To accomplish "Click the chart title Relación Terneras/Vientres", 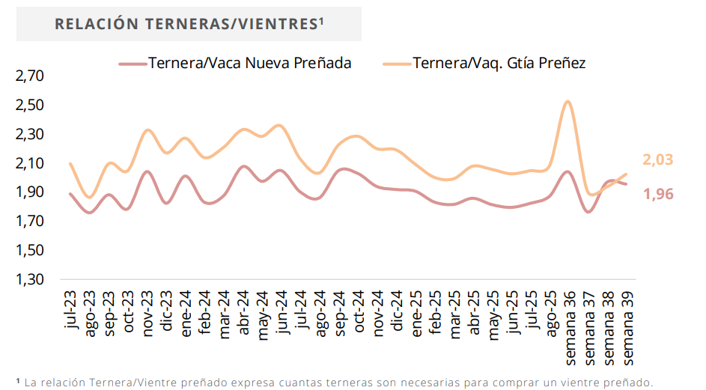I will pyautogui.click(x=187, y=24).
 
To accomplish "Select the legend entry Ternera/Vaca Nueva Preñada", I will pyautogui.click(x=249, y=63).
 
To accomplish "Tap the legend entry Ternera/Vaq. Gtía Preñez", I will pyautogui.click(x=499, y=63).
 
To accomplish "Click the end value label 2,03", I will pyautogui.click(x=657, y=159).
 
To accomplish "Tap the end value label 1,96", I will pyautogui.click(x=657, y=194).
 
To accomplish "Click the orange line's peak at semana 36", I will pyautogui.click(x=568, y=101).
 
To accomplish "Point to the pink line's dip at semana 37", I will pyautogui.click(x=588, y=212).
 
